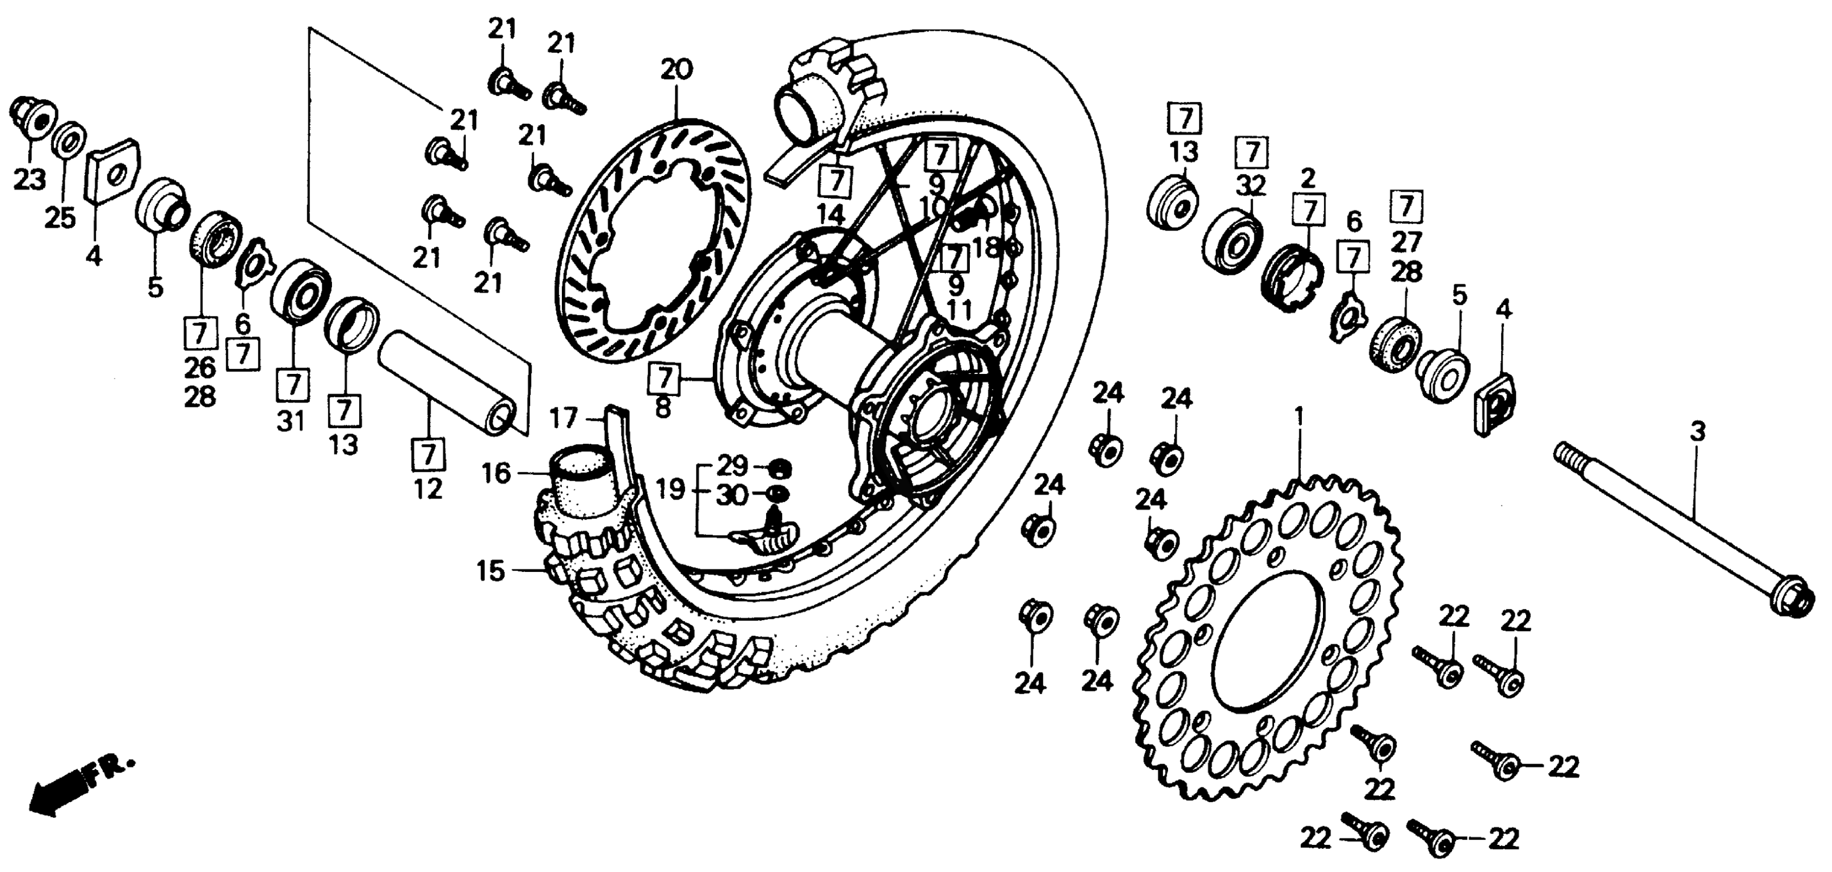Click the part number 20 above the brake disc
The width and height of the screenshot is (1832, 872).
[x=676, y=70]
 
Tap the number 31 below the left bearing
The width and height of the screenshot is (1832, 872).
[x=291, y=422]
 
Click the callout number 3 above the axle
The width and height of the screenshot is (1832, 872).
[x=1698, y=431]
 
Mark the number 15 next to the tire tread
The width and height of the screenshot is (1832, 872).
[x=490, y=571]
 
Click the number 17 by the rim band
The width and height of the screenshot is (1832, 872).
[x=563, y=418]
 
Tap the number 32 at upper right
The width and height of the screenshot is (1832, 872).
[x=1252, y=186]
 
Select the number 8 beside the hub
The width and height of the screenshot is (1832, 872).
[x=663, y=409]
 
